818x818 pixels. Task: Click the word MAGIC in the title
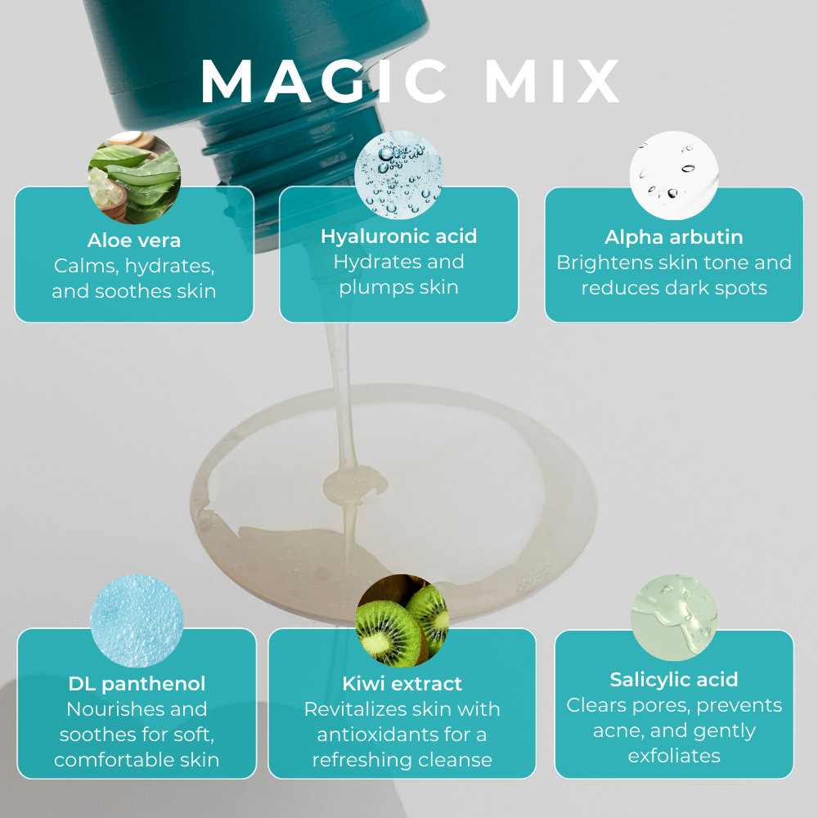click(324, 81)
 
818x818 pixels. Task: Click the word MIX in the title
click(552, 81)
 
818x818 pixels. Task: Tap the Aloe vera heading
click(134, 240)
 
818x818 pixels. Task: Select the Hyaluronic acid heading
click(398, 236)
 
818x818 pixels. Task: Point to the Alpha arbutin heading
click(673, 237)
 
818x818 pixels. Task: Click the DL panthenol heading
click(137, 684)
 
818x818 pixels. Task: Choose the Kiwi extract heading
click(402, 684)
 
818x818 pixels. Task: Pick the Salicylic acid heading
click(674, 680)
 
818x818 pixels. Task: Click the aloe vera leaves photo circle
click(134, 178)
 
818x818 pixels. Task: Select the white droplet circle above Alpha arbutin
click(674, 175)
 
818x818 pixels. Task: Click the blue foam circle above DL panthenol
click(137, 621)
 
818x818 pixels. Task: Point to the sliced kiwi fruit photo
click(402, 621)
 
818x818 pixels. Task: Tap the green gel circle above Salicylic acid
click(674, 618)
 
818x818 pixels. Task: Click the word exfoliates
click(674, 756)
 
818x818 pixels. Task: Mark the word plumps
click(370, 288)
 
